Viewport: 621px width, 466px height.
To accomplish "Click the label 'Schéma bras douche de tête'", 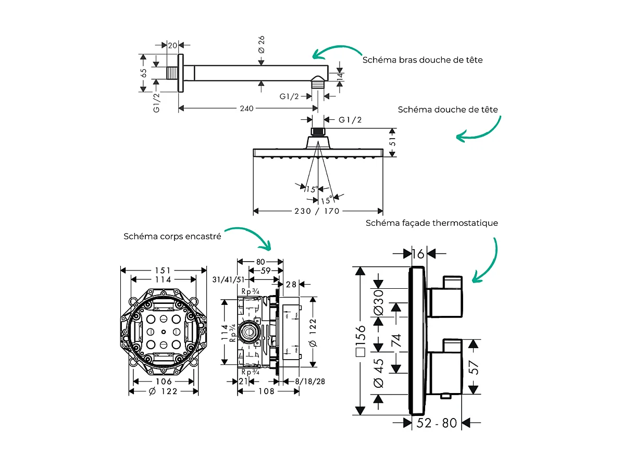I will pyautogui.click(x=423, y=60).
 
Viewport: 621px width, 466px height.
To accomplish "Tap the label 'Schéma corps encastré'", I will pyautogui.click(x=172, y=236).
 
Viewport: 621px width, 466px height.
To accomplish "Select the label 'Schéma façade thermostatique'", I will pyautogui.click(x=432, y=223).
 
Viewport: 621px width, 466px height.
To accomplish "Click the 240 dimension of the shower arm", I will pyautogui.click(x=247, y=108).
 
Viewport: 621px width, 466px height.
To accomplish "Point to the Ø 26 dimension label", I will pyautogui.click(x=262, y=44).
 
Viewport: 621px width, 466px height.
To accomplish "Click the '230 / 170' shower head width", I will pyautogui.click(x=316, y=211).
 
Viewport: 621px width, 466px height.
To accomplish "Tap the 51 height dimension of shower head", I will pyautogui.click(x=393, y=139).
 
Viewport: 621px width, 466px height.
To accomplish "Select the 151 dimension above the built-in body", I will pyautogui.click(x=164, y=270).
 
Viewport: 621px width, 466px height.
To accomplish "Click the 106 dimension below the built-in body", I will pyautogui.click(x=164, y=381).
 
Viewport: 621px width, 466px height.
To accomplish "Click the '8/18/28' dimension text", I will pyautogui.click(x=310, y=381).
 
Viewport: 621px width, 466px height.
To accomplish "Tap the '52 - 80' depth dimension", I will pyautogui.click(x=437, y=423).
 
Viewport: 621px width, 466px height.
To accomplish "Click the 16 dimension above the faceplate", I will pyautogui.click(x=418, y=254).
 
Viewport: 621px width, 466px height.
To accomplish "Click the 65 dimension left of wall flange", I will pyautogui.click(x=145, y=72).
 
